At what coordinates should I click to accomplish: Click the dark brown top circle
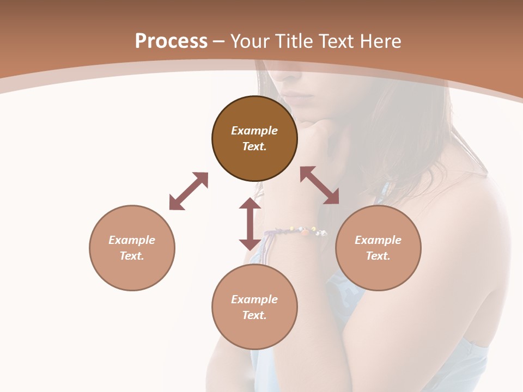pos(254,139)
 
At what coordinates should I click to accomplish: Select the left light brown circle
pos(132,248)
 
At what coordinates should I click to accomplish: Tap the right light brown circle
pos(378,248)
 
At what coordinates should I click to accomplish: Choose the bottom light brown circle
pos(254,307)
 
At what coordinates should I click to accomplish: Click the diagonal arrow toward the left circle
pos(188,191)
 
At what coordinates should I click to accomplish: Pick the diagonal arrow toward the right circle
pos(320,185)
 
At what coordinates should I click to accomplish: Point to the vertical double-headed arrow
pos(250,224)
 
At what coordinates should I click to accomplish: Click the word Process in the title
pos(171,41)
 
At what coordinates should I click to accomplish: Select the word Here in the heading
pos(380,41)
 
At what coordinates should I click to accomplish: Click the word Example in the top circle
pos(254,131)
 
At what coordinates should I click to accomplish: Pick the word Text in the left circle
pos(131,256)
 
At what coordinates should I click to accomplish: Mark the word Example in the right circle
pos(378,240)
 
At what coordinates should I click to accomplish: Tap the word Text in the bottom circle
pos(254,315)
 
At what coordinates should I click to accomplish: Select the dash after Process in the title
pos(219,41)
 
